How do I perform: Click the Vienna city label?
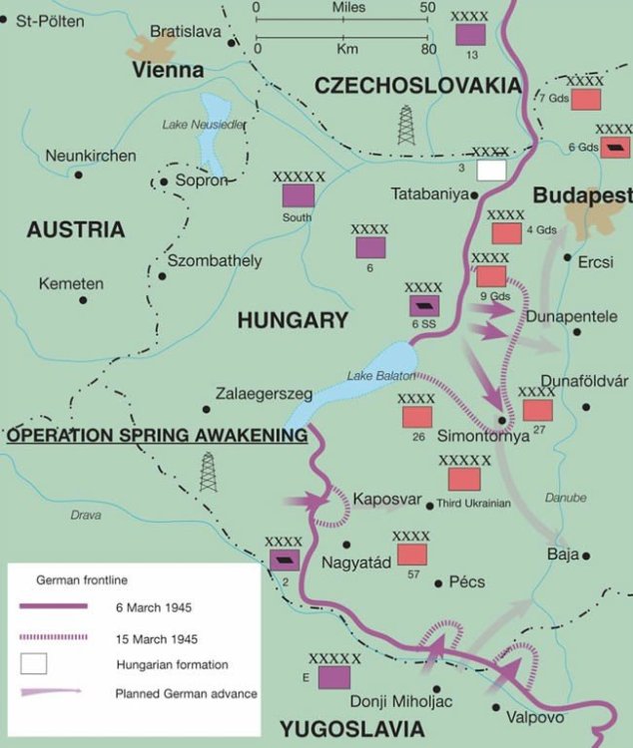[168, 70]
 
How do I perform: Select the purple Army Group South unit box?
[299, 195]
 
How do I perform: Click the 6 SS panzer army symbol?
[423, 306]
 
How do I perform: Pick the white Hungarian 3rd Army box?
[491, 170]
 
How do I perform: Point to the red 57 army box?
[411, 555]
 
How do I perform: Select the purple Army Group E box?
[334, 677]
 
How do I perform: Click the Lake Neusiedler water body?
[213, 130]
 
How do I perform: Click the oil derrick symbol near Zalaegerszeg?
[208, 472]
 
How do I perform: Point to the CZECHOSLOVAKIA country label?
[418, 86]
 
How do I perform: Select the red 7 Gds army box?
[585, 98]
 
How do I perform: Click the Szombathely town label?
[215, 261]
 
